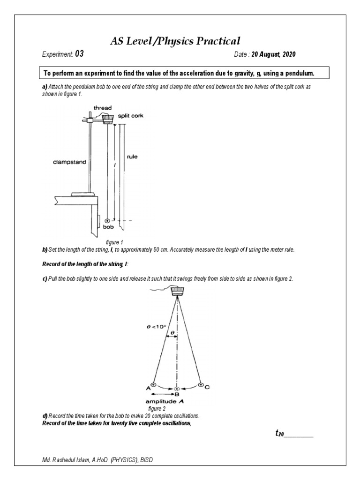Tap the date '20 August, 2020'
pos(273,54)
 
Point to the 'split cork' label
pos(131,116)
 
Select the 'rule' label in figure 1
pos(132,157)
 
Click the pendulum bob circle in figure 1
pos(108,220)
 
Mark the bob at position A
pos(153,384)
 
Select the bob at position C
pos(201,385)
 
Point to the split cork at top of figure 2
pos(177,292)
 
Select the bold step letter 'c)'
pos(45,278)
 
